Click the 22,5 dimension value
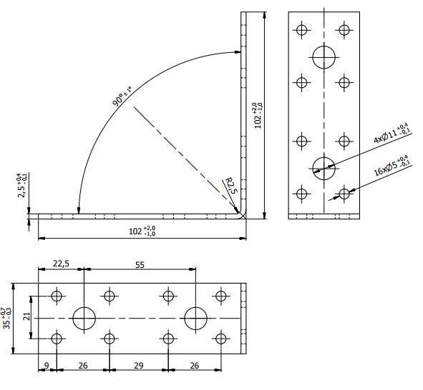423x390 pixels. coord(61,264)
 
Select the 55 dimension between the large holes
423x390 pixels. coord(140,264)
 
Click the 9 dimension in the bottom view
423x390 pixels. coord(47,365)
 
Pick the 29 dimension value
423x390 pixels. coord(139,365)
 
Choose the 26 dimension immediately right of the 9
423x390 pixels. coord(83,365)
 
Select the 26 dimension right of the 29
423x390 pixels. coord(193,365)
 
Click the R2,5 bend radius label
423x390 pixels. coord(230,188)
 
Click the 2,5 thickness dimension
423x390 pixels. coord(24,185)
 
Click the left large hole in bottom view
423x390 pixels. coord(84,317)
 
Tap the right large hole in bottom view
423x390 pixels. coord(195,317)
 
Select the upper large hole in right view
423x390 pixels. coord(324,56)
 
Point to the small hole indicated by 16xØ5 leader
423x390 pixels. coord(345,193)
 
